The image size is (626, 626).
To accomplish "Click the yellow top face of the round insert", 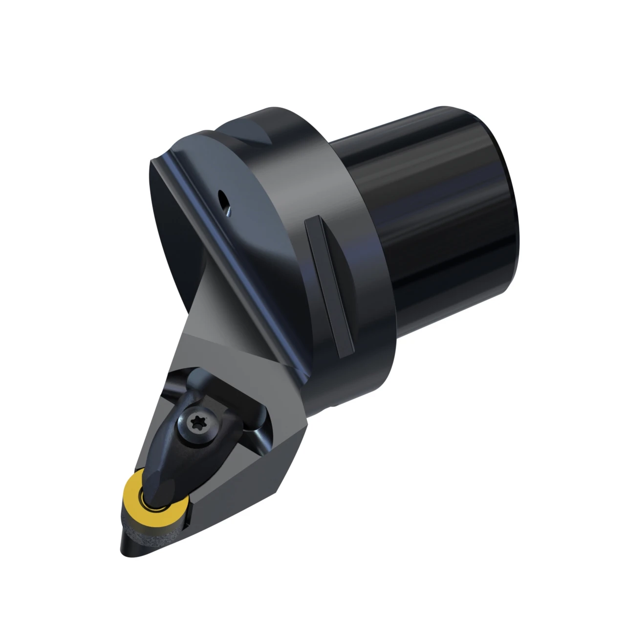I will tap(133, 488).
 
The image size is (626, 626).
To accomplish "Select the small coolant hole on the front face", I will tap(222, 201).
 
